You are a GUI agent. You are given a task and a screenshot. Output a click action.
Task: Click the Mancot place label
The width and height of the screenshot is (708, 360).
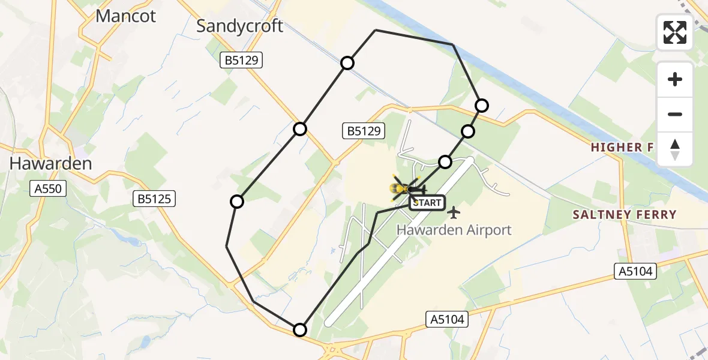click(126, 16)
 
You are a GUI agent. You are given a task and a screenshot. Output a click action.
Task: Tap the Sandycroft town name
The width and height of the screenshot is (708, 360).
click(240, 26)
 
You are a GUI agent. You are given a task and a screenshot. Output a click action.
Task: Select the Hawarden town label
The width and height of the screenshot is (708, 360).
click(51, 164)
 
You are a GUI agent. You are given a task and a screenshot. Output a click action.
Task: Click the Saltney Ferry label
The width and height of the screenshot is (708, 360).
click(624, 215)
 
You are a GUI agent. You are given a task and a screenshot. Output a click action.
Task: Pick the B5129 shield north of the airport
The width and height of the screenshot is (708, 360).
click(363, 131)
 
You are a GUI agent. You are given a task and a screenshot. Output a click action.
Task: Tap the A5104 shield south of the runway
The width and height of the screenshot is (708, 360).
click(447, 319)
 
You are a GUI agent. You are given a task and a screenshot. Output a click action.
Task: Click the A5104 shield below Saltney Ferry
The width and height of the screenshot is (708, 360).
click(637, 272)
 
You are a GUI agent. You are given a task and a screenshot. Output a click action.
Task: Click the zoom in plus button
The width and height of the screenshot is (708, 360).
click(675, 80)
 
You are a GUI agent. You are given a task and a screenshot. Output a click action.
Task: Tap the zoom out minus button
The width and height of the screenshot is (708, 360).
click(675, 114)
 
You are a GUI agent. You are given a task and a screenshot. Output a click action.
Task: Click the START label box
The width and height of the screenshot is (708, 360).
click(427, 203)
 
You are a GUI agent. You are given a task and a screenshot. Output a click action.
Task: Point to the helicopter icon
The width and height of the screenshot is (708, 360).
click(406, 189)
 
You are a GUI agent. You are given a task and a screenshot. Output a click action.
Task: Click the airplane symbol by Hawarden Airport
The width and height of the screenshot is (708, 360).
click(454, 212)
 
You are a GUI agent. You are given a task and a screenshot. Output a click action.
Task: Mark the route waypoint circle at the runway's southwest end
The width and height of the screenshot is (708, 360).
click(300, 329)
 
